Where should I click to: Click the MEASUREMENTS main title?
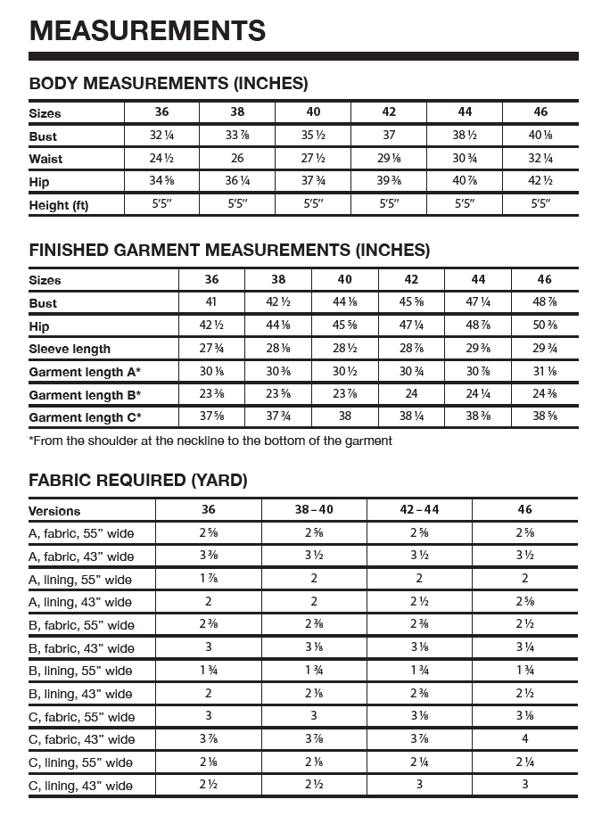click(147, 31)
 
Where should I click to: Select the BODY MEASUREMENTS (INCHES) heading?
click(169, 84)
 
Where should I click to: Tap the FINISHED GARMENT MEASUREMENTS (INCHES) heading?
click(229, 250)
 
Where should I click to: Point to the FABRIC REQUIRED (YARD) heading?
click(138, 481)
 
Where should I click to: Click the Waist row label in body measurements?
click(45, 159)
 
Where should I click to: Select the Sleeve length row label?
click(70, 349)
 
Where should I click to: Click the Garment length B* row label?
click(85, 394)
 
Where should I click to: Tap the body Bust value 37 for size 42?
click(389, 136)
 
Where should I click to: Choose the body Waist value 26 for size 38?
click(237, 159)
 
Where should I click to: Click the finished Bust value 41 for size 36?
click(211, 302)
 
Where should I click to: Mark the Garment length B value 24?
click(412, 394)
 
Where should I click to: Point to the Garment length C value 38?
click(345, 416)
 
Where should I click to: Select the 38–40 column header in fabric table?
click(314, 509)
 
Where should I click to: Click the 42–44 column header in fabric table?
click(419, 509)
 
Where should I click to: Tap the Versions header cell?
click(54, 511)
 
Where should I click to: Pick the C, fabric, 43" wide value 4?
click(524, 739)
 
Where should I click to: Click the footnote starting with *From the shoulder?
click(210, 441)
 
